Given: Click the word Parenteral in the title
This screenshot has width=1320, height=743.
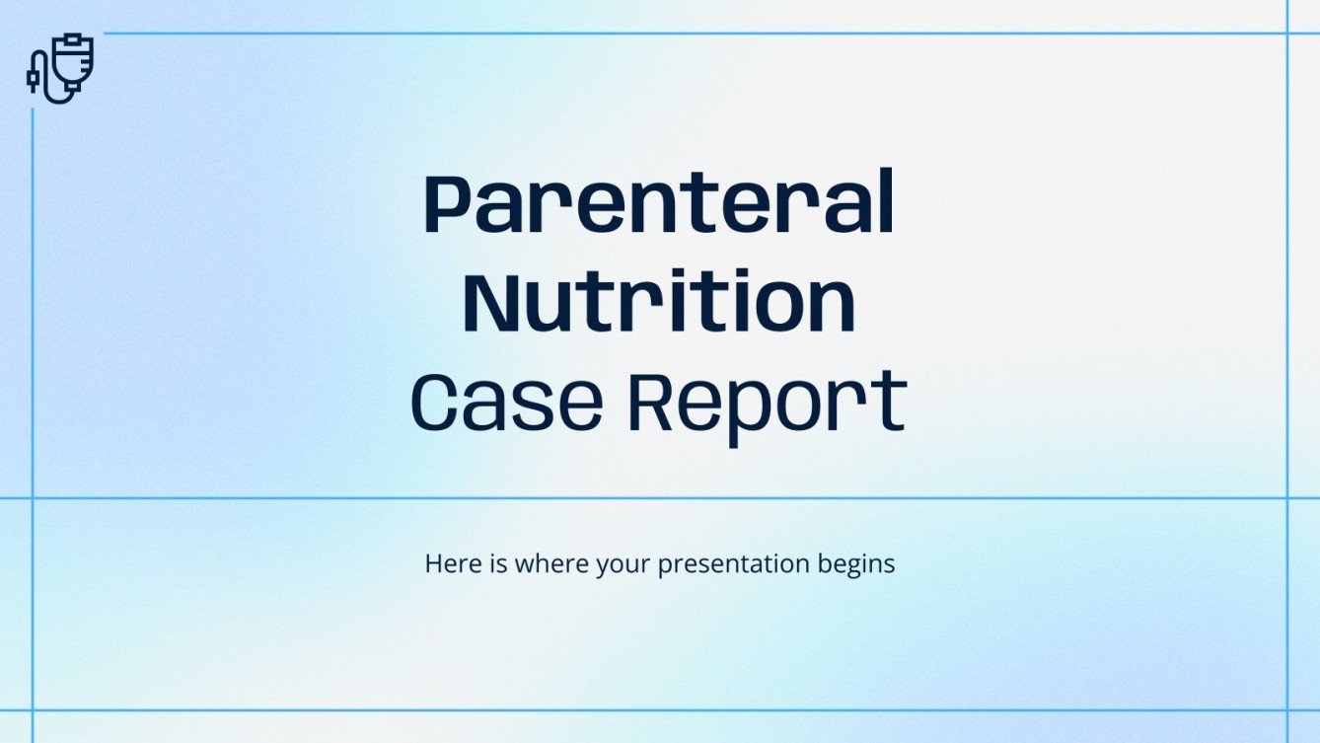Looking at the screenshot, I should [659, 206].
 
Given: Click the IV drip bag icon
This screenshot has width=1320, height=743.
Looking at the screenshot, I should [59, 67].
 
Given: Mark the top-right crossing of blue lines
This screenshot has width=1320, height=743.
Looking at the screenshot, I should [1288, 34].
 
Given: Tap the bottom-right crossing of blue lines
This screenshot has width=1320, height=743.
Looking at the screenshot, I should [1288, 709].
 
